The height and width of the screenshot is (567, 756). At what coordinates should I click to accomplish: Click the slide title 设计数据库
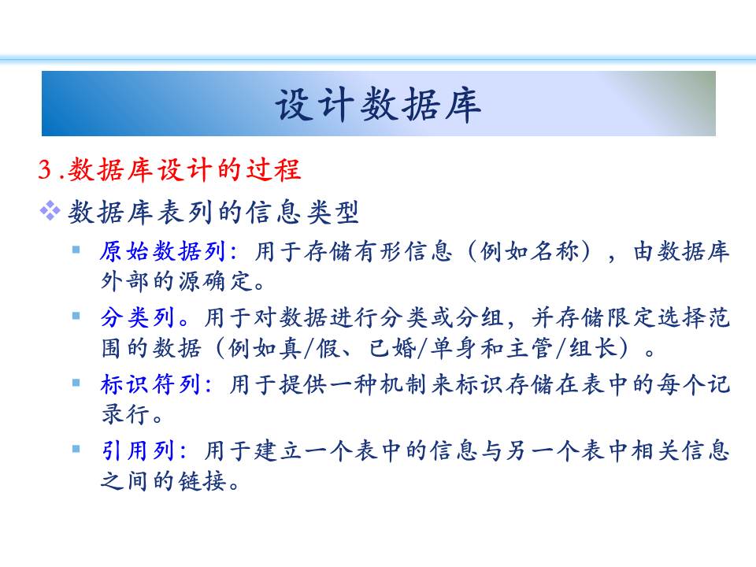pos(378,104)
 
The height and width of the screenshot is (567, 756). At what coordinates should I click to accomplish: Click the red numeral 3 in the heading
pos(45,169)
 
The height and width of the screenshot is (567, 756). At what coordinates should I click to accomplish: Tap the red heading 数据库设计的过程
pos(183,169)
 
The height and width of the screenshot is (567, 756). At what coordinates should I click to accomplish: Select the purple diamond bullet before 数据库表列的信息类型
pos(50,211)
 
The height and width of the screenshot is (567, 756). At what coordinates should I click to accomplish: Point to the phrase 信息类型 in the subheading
pos(302,212)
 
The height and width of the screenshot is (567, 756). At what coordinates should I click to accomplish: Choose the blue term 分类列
pos(137,317)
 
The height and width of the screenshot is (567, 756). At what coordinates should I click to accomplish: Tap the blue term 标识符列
pos(150,384)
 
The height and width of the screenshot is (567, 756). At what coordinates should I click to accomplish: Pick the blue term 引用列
pos(137,450)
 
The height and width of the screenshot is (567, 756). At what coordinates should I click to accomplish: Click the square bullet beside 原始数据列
pos(76,250)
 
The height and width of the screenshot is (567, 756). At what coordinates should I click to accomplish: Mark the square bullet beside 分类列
pos(76,316)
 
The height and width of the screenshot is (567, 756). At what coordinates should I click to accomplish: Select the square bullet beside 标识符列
pos(76,383)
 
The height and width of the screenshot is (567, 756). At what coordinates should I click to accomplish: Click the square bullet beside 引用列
pos(76,450)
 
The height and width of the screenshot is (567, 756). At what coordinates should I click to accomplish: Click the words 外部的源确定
pos(176,281)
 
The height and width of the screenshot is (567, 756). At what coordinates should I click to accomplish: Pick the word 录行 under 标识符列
pos(125,414)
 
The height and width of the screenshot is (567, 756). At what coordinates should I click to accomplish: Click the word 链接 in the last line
pos(202,480)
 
